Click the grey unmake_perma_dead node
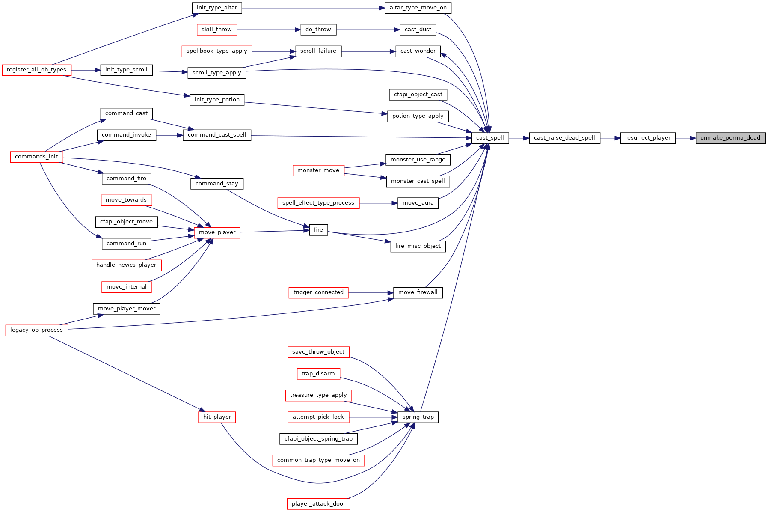click(x=730, y=138)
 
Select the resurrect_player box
click(x=648, y=138)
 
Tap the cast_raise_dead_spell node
click(x=564, y=138)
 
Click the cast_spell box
click(x=490, y=138)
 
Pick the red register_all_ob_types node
click(x=36, y=70)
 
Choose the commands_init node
click(x=36, y=157)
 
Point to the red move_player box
click(x=217, y=232)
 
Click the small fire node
click(x=318, y=230)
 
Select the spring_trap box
click(x=418, y=417)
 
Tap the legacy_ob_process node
click(x=36, y=330)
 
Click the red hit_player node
click(x=217, y=417)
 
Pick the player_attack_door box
click(x=318, y=504)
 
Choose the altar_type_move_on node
click(x=418, y=8)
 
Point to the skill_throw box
click(x=216, y=30)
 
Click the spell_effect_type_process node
click(x=318, y=203)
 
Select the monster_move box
click(x=318, y=170)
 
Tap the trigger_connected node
click(x=318, y=292)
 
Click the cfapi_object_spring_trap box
click(x=318, y=439)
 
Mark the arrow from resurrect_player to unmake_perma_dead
click(x=685, y=138)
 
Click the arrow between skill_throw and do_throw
click(x=269, y=30)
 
